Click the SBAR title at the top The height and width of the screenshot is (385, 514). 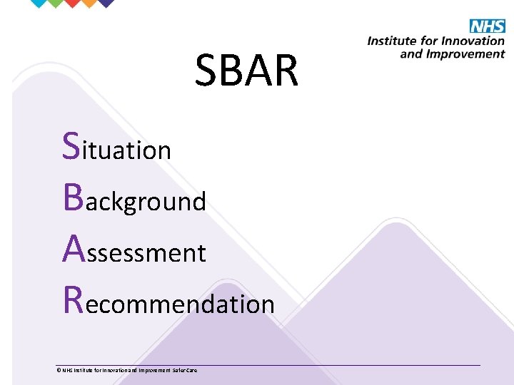point(247,71)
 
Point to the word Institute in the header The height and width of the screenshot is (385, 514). point(391,41)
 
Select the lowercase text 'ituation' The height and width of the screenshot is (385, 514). point(128,150)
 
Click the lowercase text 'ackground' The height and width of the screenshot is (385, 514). point(146,202)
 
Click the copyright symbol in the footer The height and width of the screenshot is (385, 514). point(59,370)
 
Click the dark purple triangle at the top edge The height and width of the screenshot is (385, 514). point(106,2)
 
